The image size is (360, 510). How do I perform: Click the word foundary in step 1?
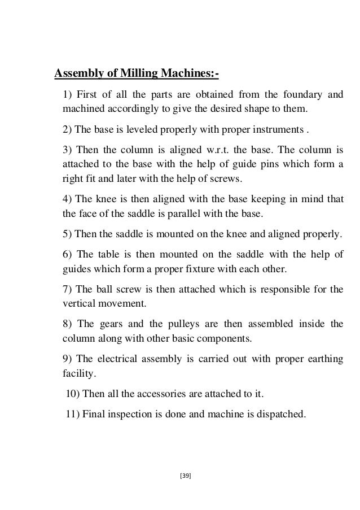(300, 93)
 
